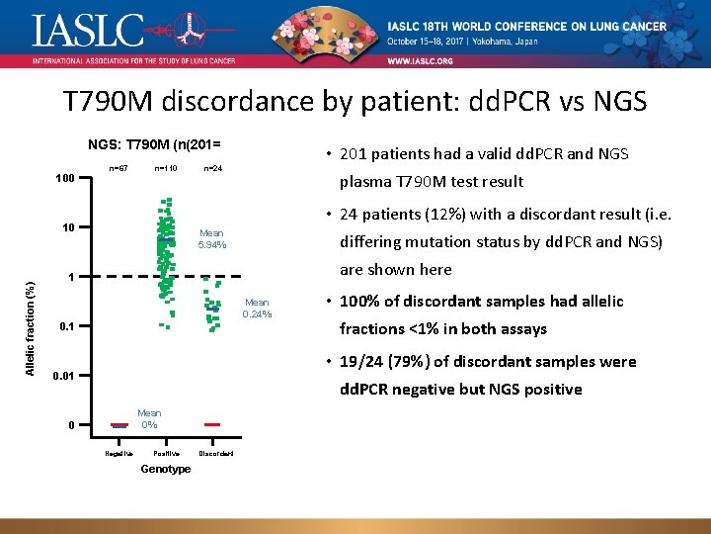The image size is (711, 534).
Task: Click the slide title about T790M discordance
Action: [355, 103]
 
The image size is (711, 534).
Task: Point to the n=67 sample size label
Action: [118, 169]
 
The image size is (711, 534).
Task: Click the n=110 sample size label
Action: [165, 169]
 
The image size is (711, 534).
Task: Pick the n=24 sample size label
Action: [212, 169]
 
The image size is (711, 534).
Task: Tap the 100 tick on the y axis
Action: [64, 179]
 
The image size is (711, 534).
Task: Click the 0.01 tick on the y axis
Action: [64, 376]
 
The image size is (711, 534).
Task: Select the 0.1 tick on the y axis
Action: [66, 326]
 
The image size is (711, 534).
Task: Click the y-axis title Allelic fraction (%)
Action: [31, 329]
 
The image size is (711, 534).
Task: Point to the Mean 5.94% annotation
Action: [211, 239]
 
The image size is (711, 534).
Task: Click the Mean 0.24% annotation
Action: [257, 309]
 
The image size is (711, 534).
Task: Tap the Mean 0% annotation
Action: [149, 418]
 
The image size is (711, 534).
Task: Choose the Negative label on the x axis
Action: [119, 454]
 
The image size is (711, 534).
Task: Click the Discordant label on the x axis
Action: [215, 454]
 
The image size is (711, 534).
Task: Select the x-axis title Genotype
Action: [166, 469]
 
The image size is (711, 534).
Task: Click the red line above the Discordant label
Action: [210, 424]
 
